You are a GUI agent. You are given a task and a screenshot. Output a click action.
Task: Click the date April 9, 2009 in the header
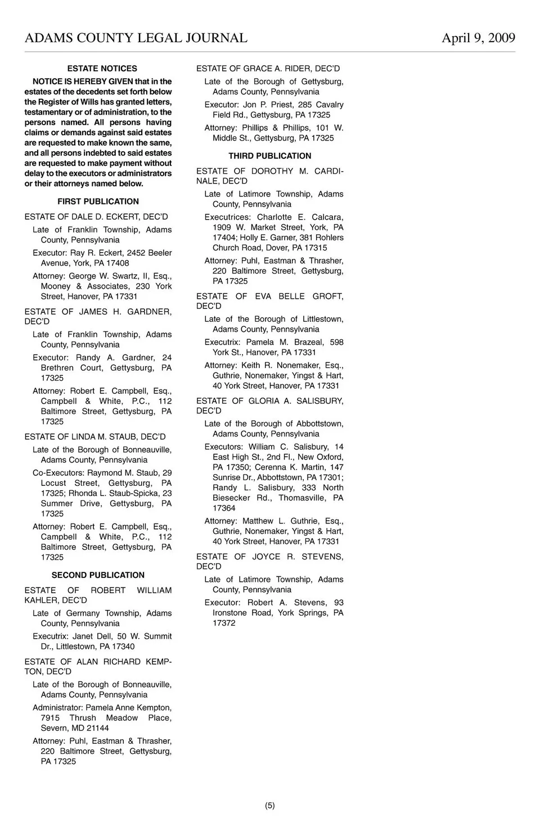tap(478, 38)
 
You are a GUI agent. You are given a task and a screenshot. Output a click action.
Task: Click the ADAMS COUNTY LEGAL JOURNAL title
tap(136, 38)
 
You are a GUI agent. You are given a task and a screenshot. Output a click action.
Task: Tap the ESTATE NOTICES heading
tap(102, 69)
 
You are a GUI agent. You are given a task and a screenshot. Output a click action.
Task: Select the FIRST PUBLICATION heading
tap(98, 202)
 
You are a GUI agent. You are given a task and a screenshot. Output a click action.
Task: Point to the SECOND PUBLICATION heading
tap(98, 575)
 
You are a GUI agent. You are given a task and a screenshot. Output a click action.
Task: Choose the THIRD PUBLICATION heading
tap(269, 156)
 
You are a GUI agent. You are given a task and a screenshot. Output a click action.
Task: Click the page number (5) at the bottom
tap(270, 805)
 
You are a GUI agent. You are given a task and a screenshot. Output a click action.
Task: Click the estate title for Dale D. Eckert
tap(96, 217)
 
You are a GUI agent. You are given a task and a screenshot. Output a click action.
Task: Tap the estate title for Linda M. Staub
tap(95, 436)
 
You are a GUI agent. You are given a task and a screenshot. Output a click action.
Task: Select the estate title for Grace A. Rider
tap(268, 69)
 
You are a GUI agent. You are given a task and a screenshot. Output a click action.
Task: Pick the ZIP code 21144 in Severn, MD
tap(97, 728)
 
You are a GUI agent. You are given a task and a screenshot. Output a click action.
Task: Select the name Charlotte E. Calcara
tap(300, 217)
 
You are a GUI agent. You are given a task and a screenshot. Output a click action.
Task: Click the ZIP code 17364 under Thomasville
tap(224, 508)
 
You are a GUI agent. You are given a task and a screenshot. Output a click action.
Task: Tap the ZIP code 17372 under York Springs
tap(224, 623)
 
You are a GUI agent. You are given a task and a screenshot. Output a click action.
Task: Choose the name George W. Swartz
tap(100, 276)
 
